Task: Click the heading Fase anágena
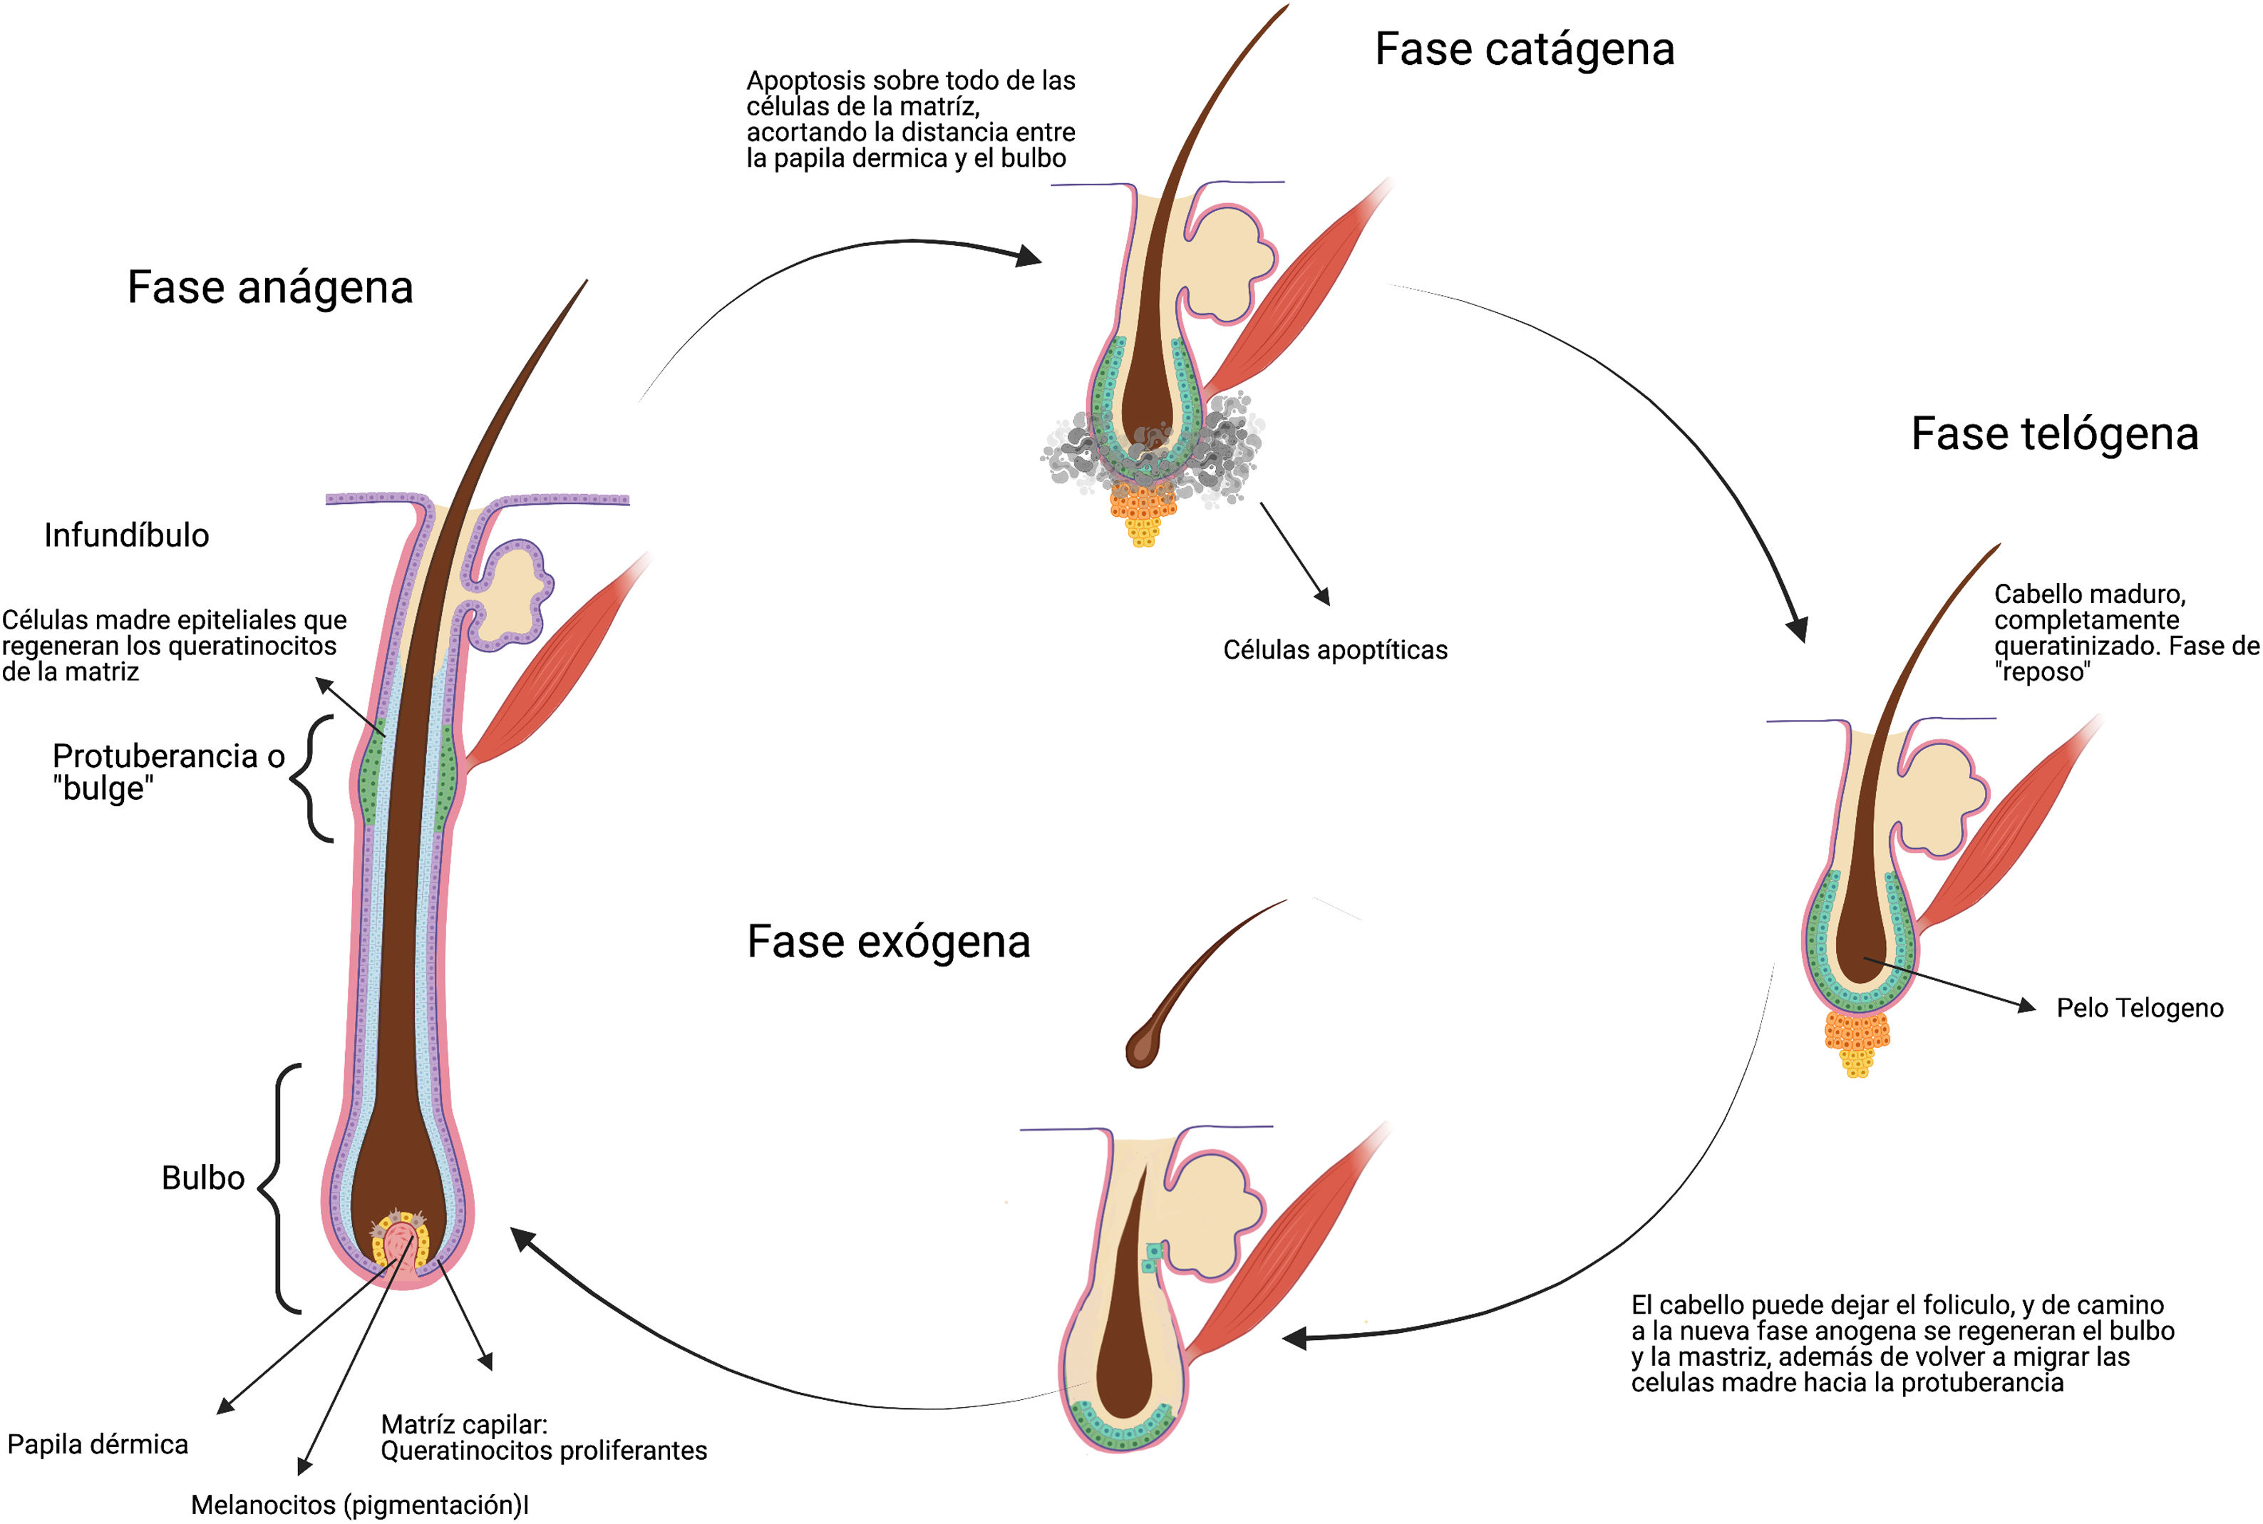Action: [270, 288]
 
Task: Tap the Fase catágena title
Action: [1524, 50]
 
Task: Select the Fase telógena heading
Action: [2054, 433]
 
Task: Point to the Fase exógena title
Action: [888, 941]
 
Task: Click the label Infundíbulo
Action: [126, 535]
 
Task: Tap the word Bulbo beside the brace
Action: [202, 1178]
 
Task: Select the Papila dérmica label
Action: [97, 1444]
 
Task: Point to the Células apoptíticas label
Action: [1334, 650]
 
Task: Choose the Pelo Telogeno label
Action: [2140, 1008]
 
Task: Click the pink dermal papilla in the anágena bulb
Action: [398, 1244]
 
